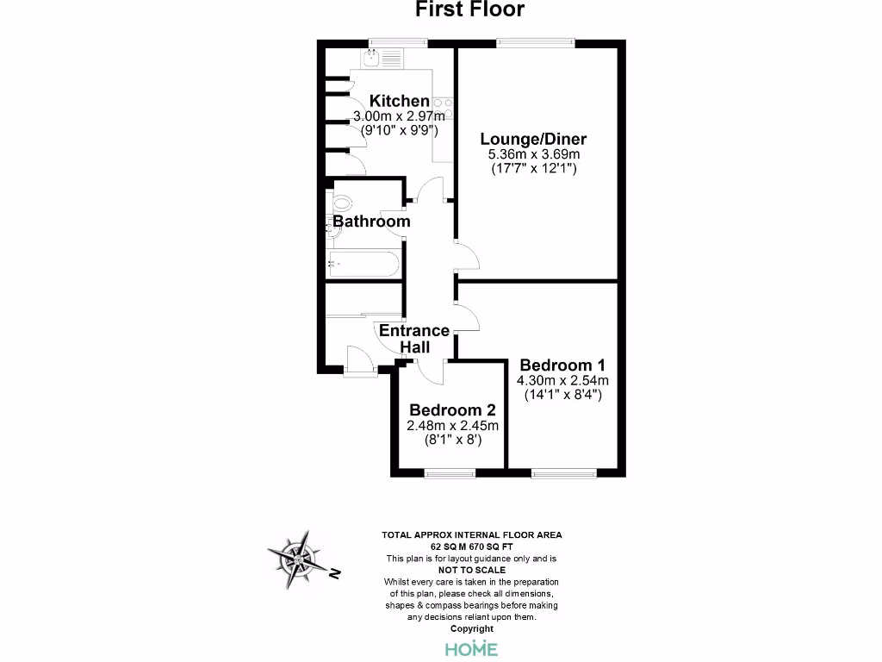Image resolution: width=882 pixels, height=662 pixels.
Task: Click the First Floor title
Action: [x=469, y=10]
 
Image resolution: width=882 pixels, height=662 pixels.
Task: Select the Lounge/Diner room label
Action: [x=533, y=140]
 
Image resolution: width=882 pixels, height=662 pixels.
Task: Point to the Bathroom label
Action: [x=371, y=222]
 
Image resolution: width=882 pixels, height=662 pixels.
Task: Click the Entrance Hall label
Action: [x=414, y=338]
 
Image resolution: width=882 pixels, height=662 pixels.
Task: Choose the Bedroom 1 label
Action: [x=556, y=365]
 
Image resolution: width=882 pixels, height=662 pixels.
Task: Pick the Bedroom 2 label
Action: [x=453, y=409]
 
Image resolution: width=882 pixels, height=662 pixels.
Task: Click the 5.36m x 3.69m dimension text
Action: [x=533, y=155]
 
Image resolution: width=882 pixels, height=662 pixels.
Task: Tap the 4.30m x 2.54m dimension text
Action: [x=562, y=380]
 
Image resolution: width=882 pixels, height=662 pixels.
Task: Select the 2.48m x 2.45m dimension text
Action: [x=453, y=425]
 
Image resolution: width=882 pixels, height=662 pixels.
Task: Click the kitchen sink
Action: [x=373, y=59]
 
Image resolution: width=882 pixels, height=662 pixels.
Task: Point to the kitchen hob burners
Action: [x=443, y=109]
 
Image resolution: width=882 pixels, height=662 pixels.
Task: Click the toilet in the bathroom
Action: [x=342, y=205]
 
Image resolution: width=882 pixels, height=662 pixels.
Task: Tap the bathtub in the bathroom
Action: [x=363, y=265]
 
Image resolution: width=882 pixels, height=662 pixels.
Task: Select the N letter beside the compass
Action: [x=336, y=572]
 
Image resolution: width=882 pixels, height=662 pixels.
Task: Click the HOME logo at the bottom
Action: [x=471, y=648]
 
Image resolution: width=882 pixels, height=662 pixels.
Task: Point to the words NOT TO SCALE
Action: [x=471, y=571]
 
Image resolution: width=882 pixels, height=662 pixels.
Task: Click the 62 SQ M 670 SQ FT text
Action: [x=471, y=546]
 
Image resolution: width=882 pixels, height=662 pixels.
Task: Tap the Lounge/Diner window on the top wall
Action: [x=536, y=42]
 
